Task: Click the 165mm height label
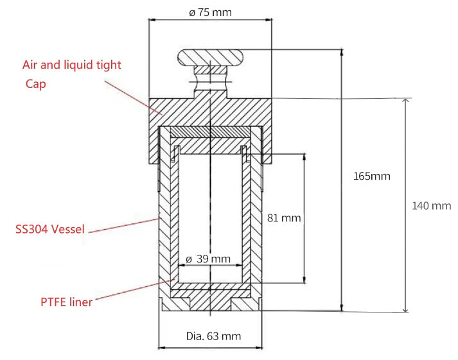coord(372,176)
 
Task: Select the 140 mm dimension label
coord(431,205)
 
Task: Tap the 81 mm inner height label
coord(283,218)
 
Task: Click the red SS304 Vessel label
coord(50,228)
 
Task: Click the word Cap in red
coord(36,84)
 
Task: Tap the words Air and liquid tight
coord(72,65)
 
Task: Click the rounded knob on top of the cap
coord(211,58)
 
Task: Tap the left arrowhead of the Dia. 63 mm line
coord(161,348)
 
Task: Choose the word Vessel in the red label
coord(67,228)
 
